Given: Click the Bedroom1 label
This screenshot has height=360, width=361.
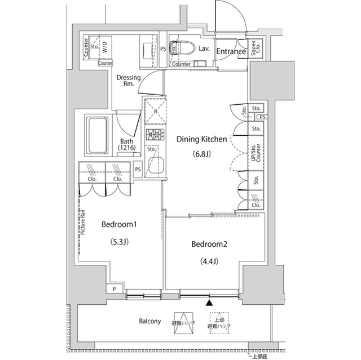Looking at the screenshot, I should click(x=120, y=225).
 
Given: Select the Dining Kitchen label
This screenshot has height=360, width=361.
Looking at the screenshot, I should click(x=202, y=139).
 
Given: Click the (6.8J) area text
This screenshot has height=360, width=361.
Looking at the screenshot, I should click(x=202, y=155).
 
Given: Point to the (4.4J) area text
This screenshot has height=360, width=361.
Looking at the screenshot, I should click(x=209, y=261).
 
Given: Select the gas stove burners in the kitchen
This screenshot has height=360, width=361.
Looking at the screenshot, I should click(x=154, y=135).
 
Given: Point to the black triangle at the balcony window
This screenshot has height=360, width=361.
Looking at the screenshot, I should click(x=210, y=303).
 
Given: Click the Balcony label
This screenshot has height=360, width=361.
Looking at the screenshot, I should click(x=150, y=322).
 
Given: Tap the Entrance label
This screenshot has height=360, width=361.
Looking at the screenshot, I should click(x=231, y=52).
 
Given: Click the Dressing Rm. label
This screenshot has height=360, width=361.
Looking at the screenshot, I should click(x=129, y=81).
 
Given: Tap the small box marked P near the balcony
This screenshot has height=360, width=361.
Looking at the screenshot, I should click(x=115, y=288).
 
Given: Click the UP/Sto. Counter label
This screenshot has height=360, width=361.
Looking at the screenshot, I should click(x=256, y=152).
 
